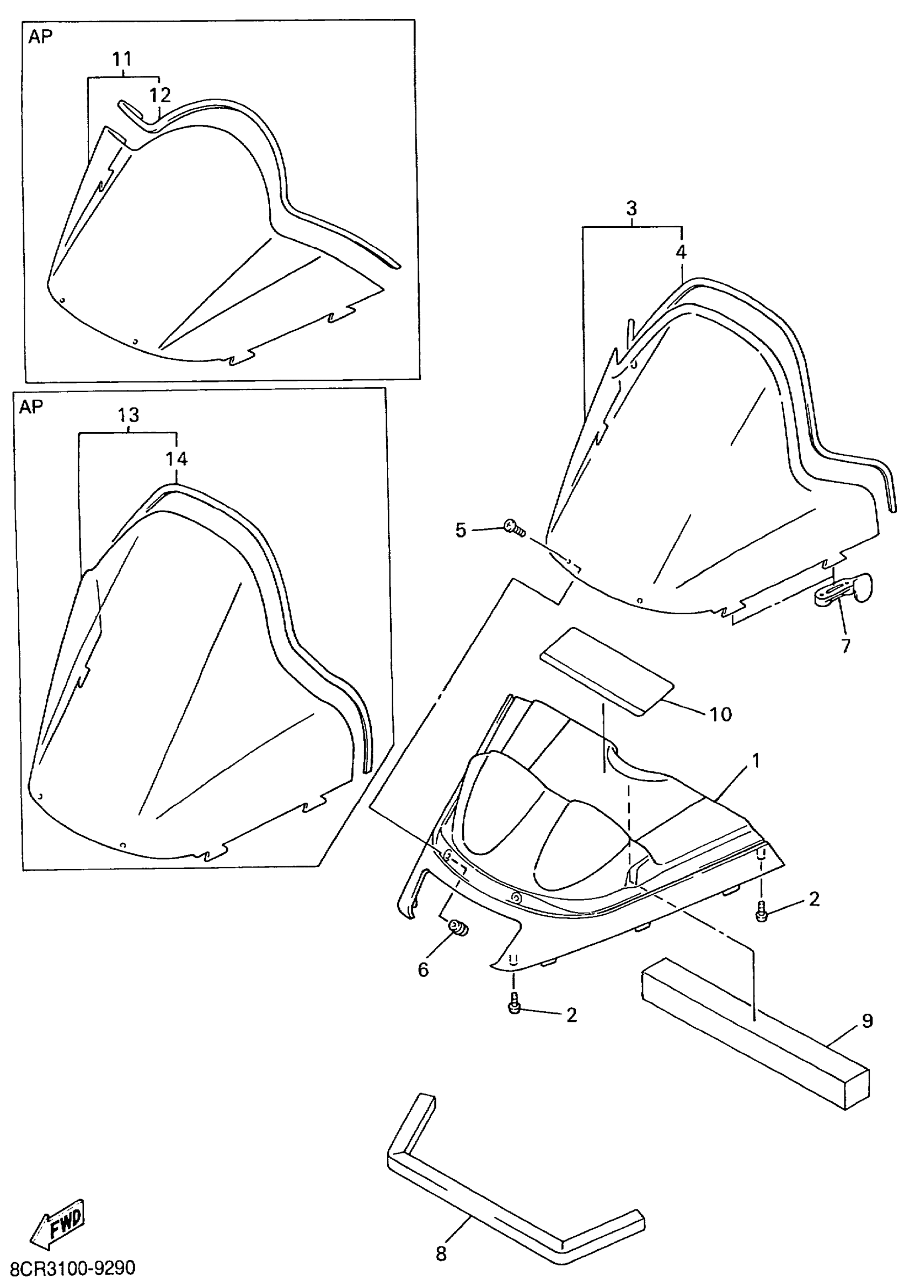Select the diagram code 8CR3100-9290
click(73, 1268)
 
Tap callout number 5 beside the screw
click(461, 530)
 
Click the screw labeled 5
click(514, 528)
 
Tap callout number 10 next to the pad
click(720, 714)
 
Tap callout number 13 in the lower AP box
click(129, 415)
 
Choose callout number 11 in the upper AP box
click(122, 59)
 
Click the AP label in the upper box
click(40, 37)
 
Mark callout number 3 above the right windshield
click(632, 208)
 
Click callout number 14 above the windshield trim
click(177, 459)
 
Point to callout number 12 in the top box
click(160, 95)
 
